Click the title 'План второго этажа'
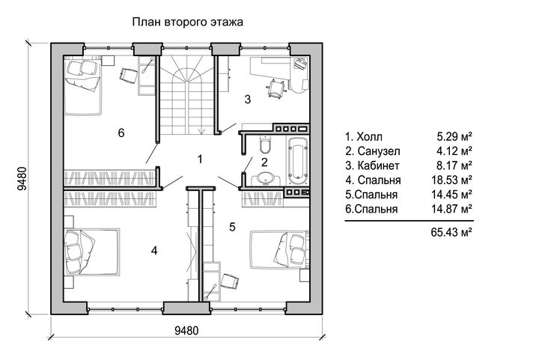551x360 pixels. (x=188, y=22)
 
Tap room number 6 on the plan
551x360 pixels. (x=121, y=133)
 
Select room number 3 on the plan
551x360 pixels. (x=248, y=100)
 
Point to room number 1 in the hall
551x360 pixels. (x=200, y=159)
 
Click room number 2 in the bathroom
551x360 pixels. (x=264, y=162)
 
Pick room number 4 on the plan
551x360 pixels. (x=154, y=251)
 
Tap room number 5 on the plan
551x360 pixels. (x=232, y=227)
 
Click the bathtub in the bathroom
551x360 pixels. (x=298, y=160)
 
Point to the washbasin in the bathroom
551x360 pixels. (x=266, y=178)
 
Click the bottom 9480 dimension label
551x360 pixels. (x=186, y=331)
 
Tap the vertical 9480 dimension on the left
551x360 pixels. (x=22, y=178)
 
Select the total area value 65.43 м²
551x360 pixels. (x=451, y=232)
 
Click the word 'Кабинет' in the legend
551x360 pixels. (x=378, y=165)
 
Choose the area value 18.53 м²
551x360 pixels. (x=451, y=180)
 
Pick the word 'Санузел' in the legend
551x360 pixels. (x=379, y=151)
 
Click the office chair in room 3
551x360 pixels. (x=276, y=88)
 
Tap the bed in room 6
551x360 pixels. (x=83, y=87)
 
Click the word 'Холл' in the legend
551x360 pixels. (x=369, y=137)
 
